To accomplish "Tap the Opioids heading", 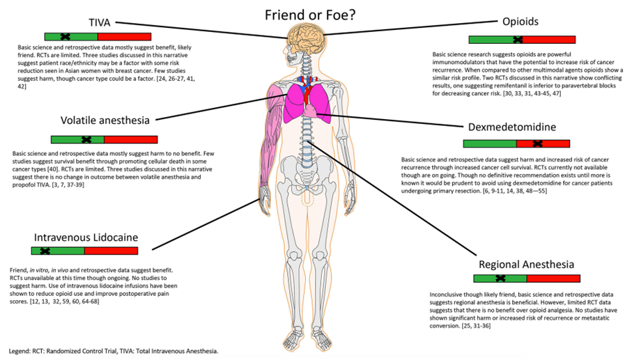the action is click(x=520, y=22).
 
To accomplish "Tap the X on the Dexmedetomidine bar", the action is click(x=537, y=143).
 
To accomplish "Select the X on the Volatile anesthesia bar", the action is click(x=86, y=139).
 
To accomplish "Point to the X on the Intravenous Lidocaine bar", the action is click(x=45, y=251).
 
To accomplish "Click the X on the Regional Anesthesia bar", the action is click(x=500, y=279).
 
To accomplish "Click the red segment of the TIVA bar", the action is click(x=124, y=36).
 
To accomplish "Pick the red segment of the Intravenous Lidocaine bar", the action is click(x=111, y=251).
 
